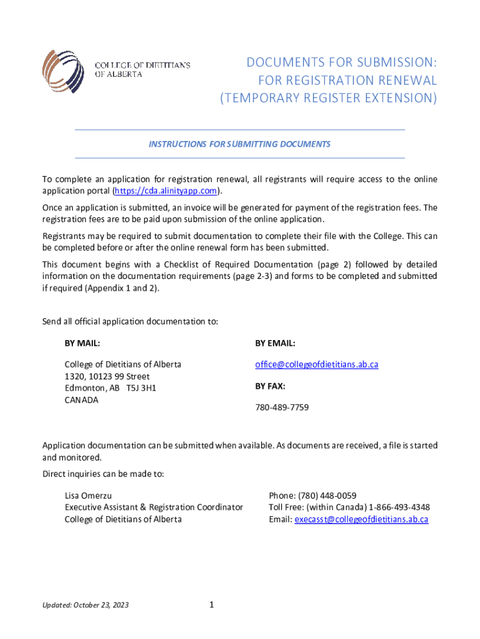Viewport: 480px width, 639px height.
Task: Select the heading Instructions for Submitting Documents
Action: (239, 144)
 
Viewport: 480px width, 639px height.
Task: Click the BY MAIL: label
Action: (82, 343)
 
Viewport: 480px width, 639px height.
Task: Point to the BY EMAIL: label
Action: (275, 343)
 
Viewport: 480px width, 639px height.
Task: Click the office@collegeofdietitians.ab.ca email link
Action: (316, 364)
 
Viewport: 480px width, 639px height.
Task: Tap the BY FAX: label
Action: (270, 386)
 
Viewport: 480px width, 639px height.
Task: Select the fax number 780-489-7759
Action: (282, 407)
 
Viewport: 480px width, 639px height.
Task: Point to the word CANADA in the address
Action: (82, 399)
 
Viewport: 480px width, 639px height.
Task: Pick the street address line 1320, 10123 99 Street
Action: (107, 376)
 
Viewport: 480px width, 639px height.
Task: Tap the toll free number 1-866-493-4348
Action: (399, 507)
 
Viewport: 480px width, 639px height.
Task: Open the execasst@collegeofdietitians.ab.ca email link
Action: (362, 519)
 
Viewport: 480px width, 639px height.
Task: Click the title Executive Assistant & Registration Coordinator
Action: (154, 507)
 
